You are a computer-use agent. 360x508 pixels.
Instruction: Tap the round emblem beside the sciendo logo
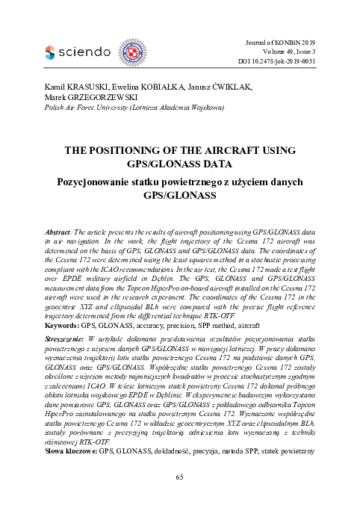coord(135,52)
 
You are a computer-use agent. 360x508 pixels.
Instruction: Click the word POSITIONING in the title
coord(121,149)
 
